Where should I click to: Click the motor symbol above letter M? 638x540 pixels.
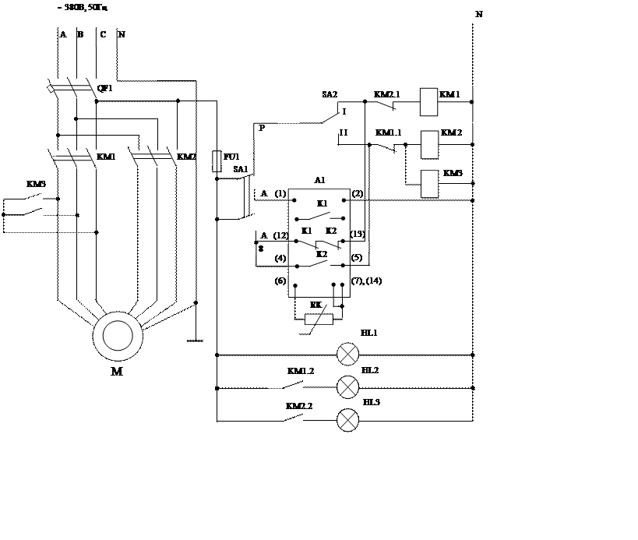pos(118,336)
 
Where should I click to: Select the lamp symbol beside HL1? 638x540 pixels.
pos(347,354)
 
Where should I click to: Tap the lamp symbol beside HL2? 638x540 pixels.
pos(347,387)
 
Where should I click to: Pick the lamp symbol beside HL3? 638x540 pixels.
pos(347,420)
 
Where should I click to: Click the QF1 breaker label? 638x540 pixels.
pos(105,89)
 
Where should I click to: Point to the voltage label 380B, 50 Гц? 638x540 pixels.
pos(82,9)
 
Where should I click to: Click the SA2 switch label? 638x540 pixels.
pos(330,95)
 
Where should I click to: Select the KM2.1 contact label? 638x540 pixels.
pos(386,95)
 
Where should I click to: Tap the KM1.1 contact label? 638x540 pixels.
pos(388,133)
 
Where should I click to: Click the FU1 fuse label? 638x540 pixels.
pos(232,157)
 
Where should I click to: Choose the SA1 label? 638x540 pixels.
pos(240,170)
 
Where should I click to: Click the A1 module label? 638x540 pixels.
pos(319,181)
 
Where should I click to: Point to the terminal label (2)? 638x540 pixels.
pos(358,194)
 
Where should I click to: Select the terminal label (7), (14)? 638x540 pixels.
pos(366,281)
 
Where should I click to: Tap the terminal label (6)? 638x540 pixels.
pos(280,281)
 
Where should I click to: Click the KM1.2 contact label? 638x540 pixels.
pos(300,372)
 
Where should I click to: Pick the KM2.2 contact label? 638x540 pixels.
pos(299,407)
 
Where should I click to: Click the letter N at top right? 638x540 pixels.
pos(479,15)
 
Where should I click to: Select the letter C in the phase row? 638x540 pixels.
pos(103,35)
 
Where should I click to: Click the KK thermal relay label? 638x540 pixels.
pos(315,305)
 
